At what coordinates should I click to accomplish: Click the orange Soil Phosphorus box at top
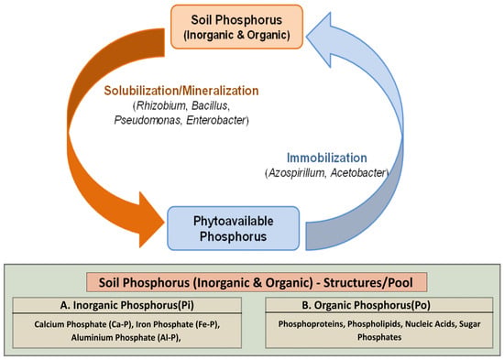pyautogui.click(x=237, y=27)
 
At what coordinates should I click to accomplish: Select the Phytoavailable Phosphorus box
pyautogui.click(x=234, y=228)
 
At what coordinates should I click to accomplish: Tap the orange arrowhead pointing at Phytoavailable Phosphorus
pyautogui.click(x=151, y=220)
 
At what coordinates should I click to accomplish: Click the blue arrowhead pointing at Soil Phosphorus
pyautogui.click(x=319, y=39)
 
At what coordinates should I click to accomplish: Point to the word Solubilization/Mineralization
pyautogui.click(x=181, y=91)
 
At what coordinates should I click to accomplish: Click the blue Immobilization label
pyautogui.click(x=327, y=158)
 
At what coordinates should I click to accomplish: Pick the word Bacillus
pyautogui.click(x=210, y=105)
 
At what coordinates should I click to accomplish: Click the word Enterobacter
pyautogui.click(x=216, y=120)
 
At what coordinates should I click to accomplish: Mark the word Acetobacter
pyautogui.click(x=357, y=173)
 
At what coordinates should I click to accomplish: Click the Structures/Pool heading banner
pyautogui.click(x=257, y=282)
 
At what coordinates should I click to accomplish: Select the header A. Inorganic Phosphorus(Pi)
pyautogui.click(x=127, y=305)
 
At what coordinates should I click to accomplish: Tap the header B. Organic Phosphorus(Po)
pyautogui.click(x=367, y=305)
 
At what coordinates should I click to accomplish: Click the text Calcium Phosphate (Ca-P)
pyautogui.click(x=83, y=324)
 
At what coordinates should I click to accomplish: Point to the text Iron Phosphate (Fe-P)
pyautogui.click(x=178, y=324)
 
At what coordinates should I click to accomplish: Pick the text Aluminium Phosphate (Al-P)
pyautogui.click(x=126, y=337)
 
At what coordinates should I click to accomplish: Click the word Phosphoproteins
pyautogui.click(x=312, y=324)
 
